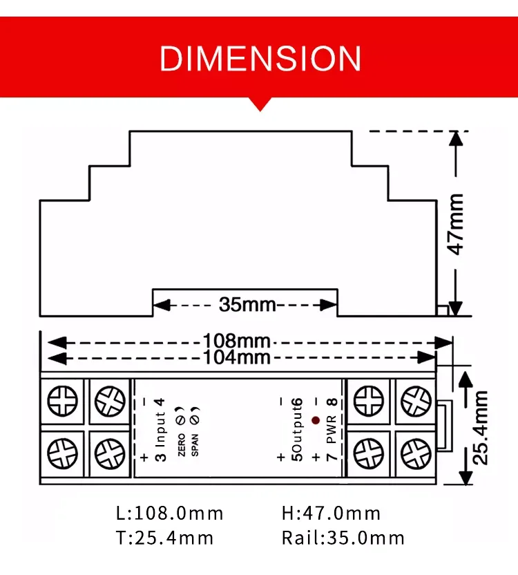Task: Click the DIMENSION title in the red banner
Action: (x=260, y=59)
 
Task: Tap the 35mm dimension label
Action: (x=247, y=304)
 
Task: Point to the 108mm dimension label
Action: (x=236, y=341)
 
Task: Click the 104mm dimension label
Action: (x=236, y=357)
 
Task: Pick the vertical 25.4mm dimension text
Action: (x=481, y=426)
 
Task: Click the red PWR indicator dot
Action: (x=315, y=420)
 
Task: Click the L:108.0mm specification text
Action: (x=169, y=513)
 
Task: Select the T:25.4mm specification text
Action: (x=164, y=538)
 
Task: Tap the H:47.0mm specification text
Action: (x=331, y=513)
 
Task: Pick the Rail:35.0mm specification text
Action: (x=343, y=538)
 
